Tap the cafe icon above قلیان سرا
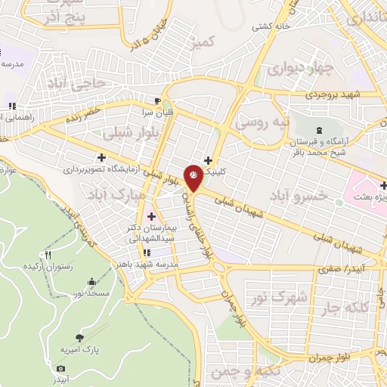point(157,101)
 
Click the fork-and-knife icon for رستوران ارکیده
point(48,255)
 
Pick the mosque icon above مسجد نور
point(92,281)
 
